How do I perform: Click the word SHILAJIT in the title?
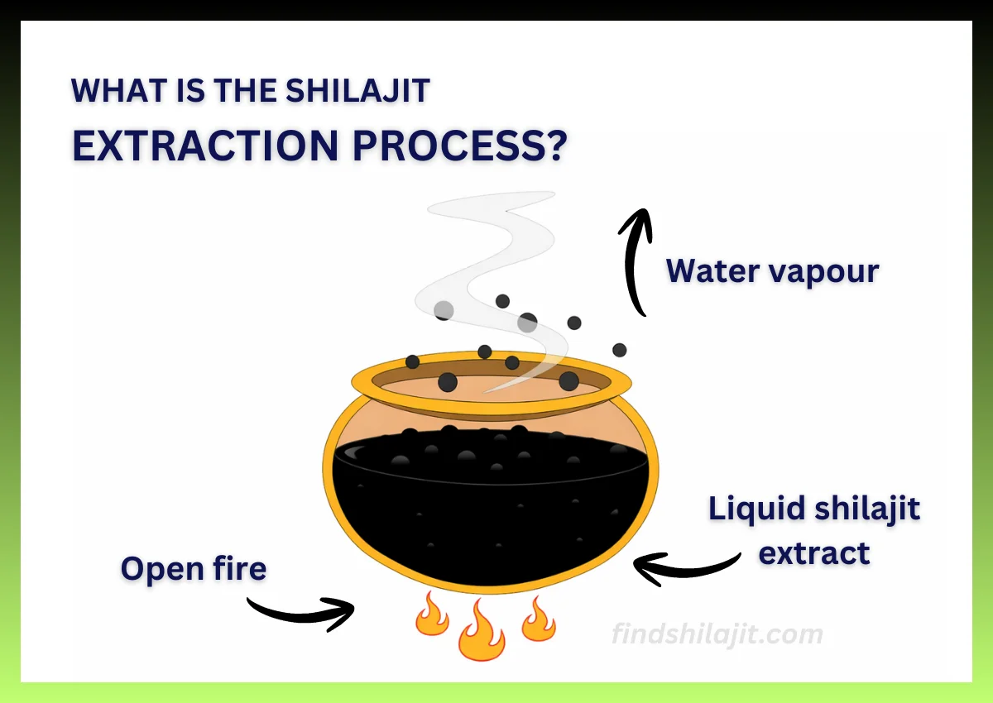tap(357, 90)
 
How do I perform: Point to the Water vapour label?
tap(772, 271)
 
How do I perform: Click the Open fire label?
tap(194, 569)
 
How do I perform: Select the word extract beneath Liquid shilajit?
tap(814, 552)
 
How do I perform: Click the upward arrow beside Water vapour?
tap(636, 261)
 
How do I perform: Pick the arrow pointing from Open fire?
tap(302, 612)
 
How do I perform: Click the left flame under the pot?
tap(431, 615)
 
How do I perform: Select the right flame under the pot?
tap(538, 620)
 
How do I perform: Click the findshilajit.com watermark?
tap(717, 634)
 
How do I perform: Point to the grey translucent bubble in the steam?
tap(444, 311)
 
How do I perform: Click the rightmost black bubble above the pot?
tap(619, 350)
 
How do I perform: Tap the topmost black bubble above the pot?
tap(502, 301)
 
